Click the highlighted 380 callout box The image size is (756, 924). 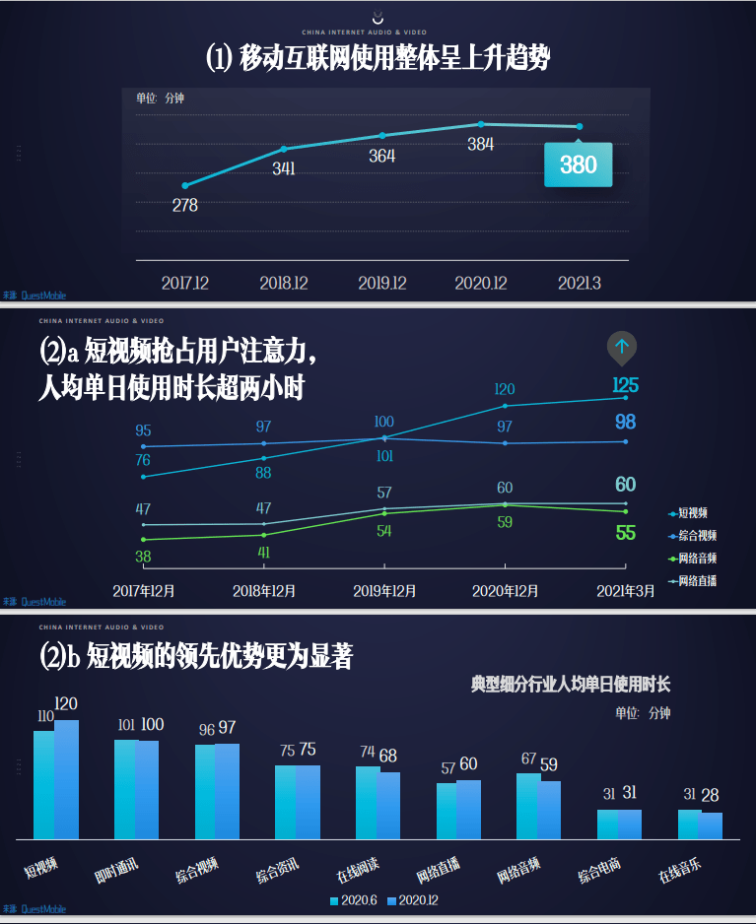click(x=578, y=165)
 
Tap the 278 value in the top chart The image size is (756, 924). click(x=184, y=205)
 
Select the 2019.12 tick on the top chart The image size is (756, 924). click(x=381, y=283)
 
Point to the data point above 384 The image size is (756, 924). click(x=481, y=124)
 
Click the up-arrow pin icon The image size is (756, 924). click(x=621, y=347)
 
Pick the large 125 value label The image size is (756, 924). click(x=625, y=385)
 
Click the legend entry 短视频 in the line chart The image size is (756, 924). click(x=692, y=513)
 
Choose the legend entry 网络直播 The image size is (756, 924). click(x=697, y=580)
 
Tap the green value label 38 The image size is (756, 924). click(x=143, y=557)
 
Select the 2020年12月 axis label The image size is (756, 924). click(x=505, y=591)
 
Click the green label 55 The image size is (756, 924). click(x=625, y=533)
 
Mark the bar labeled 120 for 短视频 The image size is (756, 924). click(x=66, y=778)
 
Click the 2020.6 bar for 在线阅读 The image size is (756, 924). click(x=367, y=802)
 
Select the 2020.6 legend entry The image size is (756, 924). click(x=355, y=900)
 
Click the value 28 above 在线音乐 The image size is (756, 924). click(x=710, y=795)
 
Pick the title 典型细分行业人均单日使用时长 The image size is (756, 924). click(x=571, y=684)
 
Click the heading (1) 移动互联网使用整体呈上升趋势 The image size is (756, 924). click(x=378, y=57)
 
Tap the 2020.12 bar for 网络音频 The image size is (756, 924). click(x=549, y=809)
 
